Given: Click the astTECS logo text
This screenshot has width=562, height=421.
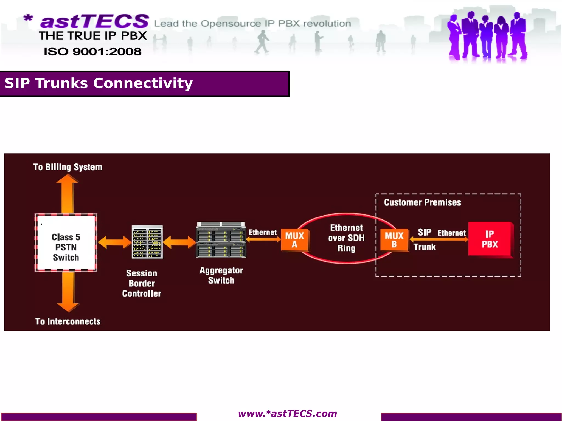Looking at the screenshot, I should (x=94, y=21).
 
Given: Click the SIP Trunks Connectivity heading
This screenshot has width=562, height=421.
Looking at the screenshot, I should (x=99, y=83).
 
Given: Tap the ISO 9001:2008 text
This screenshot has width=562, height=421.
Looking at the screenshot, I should (x=92, y=52).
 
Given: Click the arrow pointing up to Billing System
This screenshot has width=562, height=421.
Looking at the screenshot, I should (x=68, y=193).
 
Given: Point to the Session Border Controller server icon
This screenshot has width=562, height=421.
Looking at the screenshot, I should (x=147, y=242).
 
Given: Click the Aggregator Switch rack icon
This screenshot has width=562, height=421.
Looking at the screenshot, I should (x=221, y=240).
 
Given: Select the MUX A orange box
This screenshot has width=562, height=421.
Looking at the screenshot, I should (x=295, y=240).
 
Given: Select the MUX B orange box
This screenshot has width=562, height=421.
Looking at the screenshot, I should (x=394, y=240).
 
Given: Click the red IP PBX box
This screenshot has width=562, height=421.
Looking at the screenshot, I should (x=490, y=239).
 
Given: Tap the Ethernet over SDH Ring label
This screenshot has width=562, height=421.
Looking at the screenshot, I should (x=346, y=238).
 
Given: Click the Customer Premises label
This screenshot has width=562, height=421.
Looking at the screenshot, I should (x=422, y=202).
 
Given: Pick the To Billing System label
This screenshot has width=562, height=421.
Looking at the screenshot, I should (x=68, y=167).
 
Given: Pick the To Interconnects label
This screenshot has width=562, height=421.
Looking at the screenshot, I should (x=68, y=321).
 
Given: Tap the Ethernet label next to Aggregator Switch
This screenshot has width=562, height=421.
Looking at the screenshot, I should (x=262, y=233).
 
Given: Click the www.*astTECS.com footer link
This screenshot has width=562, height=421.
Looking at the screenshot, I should (x=287, y=414).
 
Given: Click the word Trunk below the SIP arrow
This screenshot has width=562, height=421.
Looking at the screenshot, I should (x=425, y=247).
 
